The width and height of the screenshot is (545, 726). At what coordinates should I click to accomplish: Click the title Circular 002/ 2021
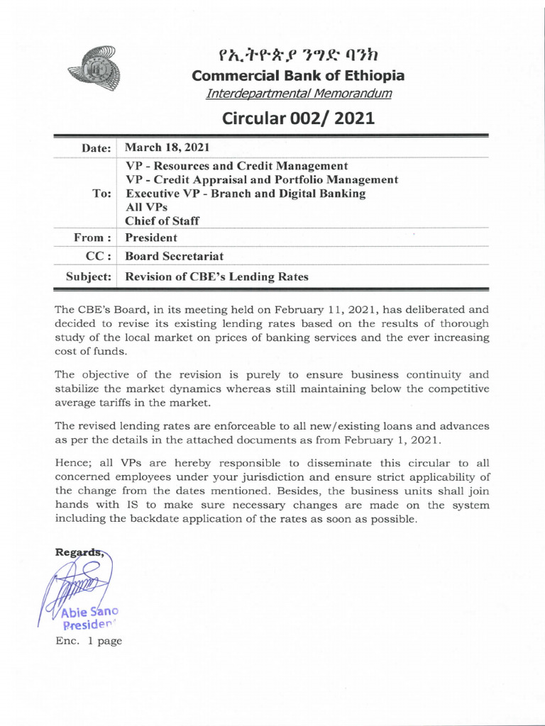[298, 118]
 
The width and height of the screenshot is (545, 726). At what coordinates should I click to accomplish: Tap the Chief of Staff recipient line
[163, 220]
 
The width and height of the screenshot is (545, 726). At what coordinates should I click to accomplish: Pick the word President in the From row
[151, 238]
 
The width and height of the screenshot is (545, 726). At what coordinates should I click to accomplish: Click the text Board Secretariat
[173, 257]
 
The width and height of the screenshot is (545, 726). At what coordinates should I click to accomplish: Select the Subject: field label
[89, 277]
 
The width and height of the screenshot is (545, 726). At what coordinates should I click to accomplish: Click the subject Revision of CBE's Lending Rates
[216, 277]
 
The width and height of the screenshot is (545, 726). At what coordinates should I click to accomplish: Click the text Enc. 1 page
[88, 641]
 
